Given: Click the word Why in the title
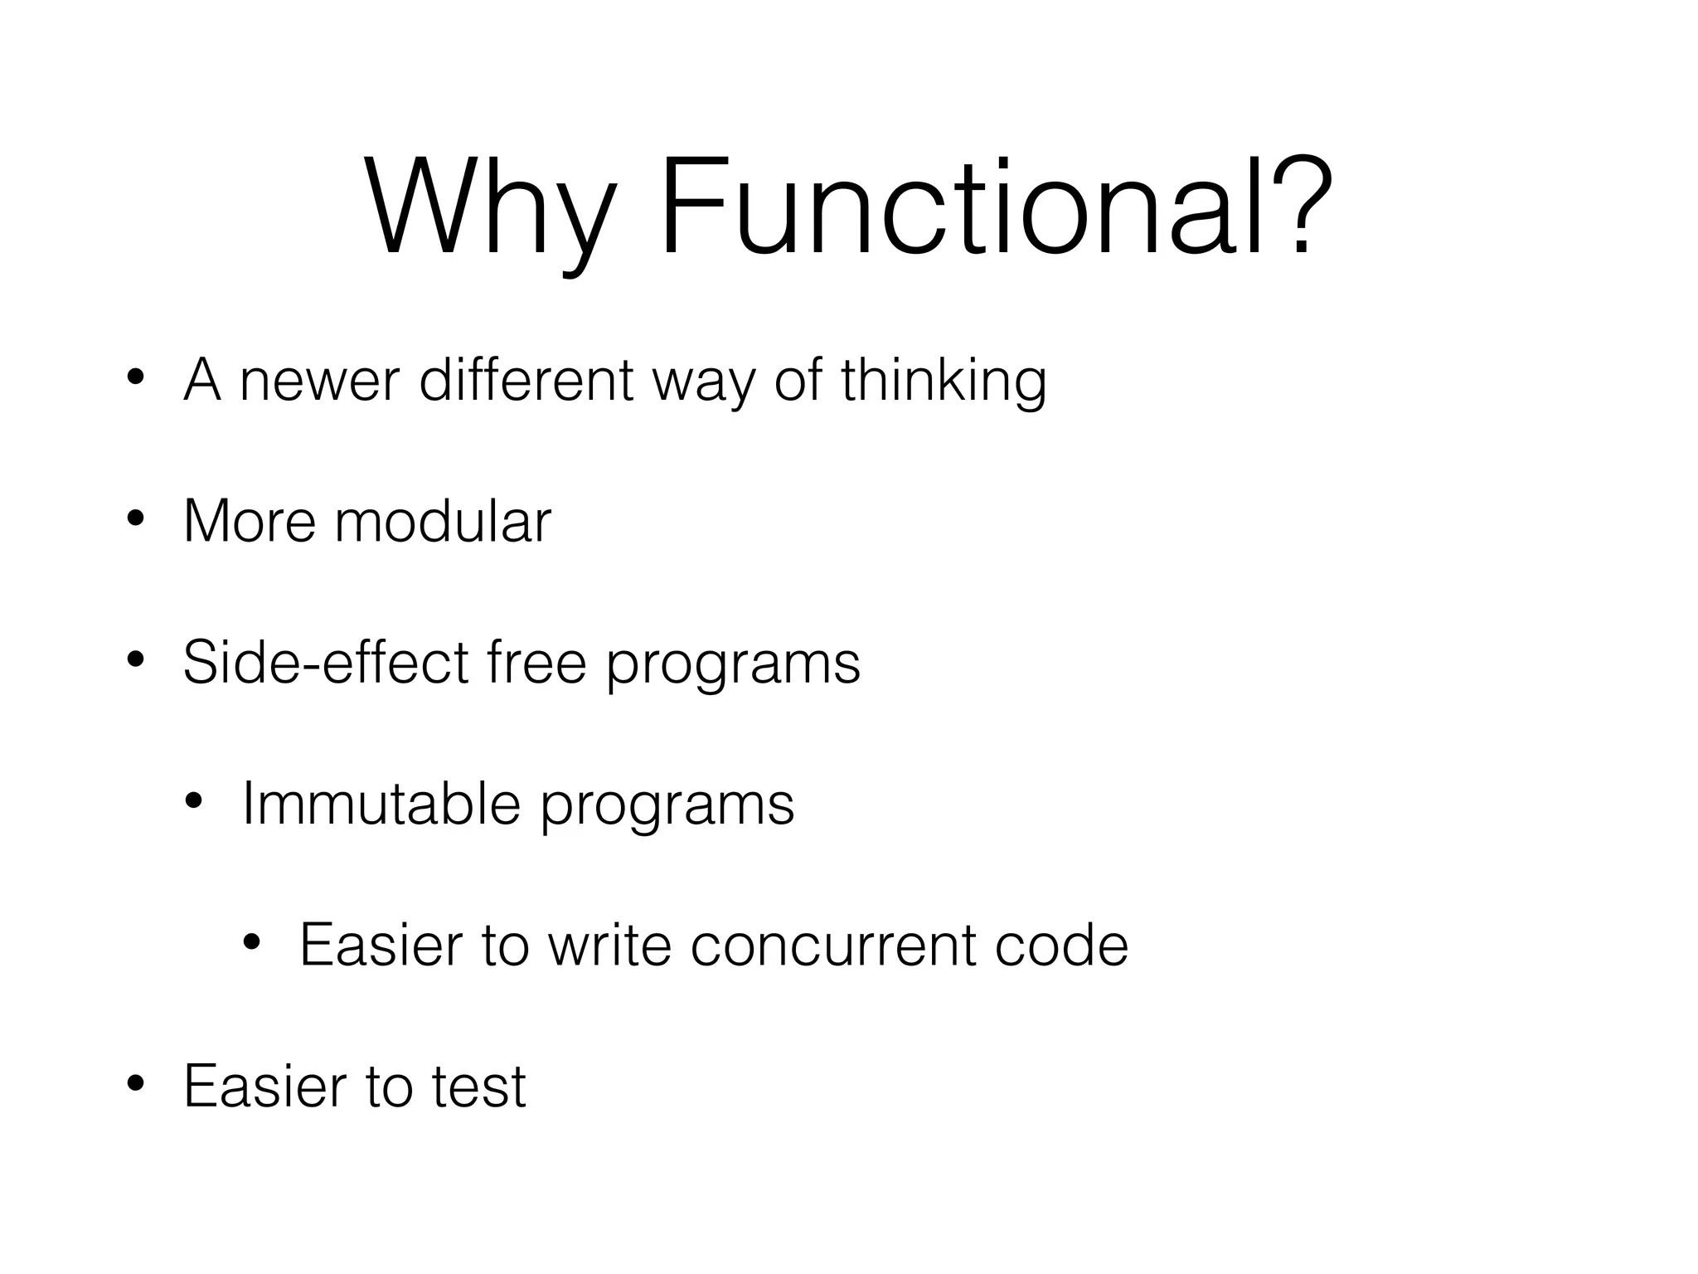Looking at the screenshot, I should coord(489,209).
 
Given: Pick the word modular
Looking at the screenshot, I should coord(443,522).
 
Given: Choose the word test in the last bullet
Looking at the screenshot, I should coord(478,1087).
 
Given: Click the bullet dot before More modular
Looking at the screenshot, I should coord(136,521).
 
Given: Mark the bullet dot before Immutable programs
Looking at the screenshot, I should coord(194,802).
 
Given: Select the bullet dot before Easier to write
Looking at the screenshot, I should coord(252,942).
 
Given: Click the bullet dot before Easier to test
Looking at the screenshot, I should coord(136,1084).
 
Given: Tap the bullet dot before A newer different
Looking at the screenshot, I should coord(136,379).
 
